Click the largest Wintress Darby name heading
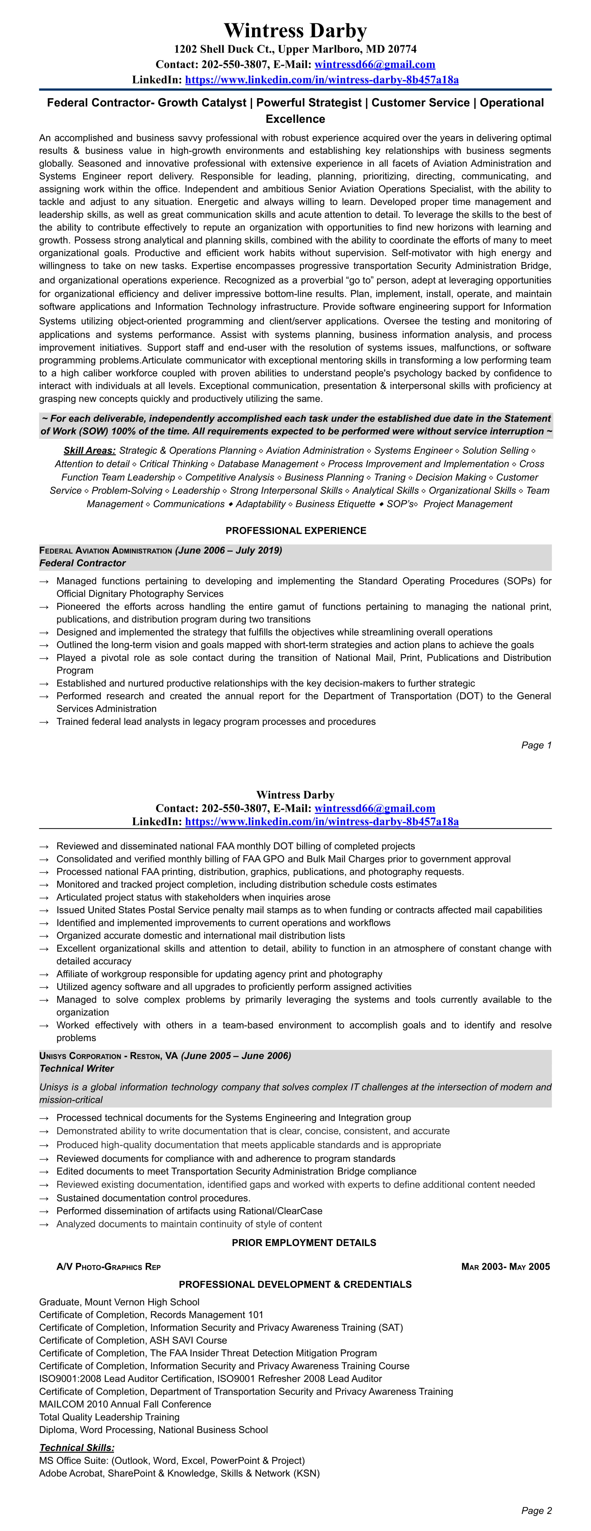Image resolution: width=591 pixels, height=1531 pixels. [x=295, y=30]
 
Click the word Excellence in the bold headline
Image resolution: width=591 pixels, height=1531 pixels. [x=295, y=119]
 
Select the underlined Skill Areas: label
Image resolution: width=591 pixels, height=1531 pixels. [x=89, y=451]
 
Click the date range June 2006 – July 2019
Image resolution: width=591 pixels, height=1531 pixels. [x=228, y=550]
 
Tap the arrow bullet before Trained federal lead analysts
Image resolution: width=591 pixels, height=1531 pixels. [x=44, y=722]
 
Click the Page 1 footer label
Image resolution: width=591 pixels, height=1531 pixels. [x=536, y=745]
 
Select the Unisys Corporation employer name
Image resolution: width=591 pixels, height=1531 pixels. [x=80, y=1056]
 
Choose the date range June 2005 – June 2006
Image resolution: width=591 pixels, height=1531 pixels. [x=236, y=1056]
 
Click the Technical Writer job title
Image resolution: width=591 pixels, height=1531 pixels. [x=76, y=1069]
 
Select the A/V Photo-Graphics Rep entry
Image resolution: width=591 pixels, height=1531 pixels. [x=109, y=1267]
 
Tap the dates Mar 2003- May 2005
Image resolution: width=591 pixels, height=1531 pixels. [x=505, y=1267]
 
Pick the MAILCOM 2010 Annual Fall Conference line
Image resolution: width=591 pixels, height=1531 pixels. [x=125, y=1404]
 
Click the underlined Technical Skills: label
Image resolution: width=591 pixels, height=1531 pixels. [x=76, y=1448]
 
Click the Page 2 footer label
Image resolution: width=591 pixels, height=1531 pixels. [x=536, y=1511]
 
